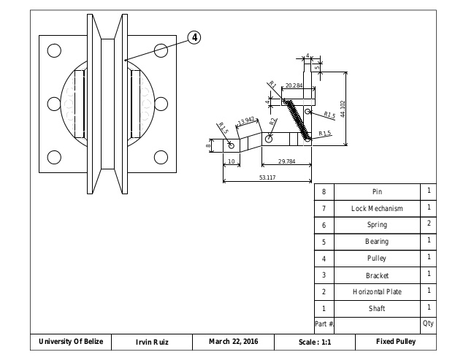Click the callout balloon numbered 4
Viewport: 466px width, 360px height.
(194, 37)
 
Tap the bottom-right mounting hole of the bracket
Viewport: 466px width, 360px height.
(160, 156)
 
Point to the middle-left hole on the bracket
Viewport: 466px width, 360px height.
(54, 104)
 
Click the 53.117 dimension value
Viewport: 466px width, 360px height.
(267, 177)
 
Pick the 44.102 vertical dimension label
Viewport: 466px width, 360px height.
(343, 110)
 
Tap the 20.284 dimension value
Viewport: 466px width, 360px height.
(294, 85)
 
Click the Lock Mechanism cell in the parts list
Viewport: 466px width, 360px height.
(377, 208)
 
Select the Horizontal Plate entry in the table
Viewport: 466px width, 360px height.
(377, 291)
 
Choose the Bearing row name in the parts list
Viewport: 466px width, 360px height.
(377, 241)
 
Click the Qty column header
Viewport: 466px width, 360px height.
(428, 323)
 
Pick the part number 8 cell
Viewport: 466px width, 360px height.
(324, 191)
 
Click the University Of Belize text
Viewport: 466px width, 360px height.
(71, 342)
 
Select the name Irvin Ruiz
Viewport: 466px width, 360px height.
(153, 342)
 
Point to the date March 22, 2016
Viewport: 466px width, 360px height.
(233, 342)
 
